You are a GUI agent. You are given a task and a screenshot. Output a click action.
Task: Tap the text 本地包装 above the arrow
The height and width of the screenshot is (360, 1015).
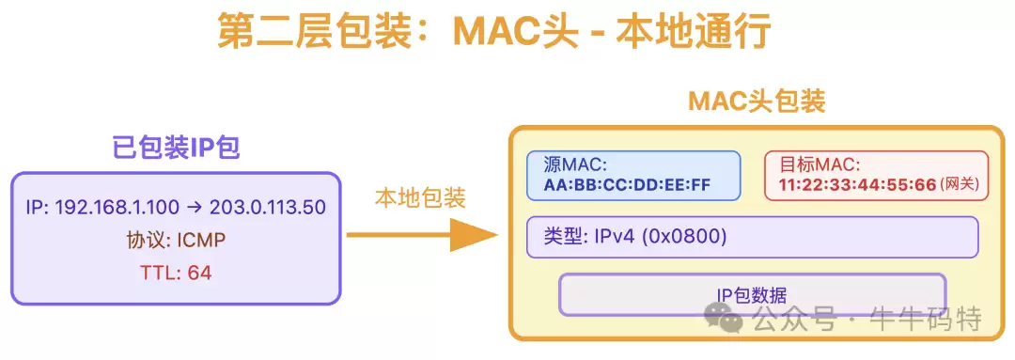click(420, 198)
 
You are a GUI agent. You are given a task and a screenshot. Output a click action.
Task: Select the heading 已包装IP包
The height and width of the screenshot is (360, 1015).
click(176, 147)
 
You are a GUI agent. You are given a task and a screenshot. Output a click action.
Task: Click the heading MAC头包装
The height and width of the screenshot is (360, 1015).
click(757, 102)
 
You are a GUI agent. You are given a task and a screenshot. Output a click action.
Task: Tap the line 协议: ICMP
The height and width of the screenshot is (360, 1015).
click(176, 241)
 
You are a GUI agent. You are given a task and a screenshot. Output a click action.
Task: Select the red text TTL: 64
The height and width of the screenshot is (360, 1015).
click(176, 273)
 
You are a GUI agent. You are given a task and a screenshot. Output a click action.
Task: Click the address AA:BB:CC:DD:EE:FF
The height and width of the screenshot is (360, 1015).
click(627, 184)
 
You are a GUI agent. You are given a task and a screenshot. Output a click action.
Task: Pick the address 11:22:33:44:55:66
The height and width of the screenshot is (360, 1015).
click(857, 185)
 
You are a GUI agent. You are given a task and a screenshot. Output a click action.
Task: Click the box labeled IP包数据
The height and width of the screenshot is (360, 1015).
click(752, 294)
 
